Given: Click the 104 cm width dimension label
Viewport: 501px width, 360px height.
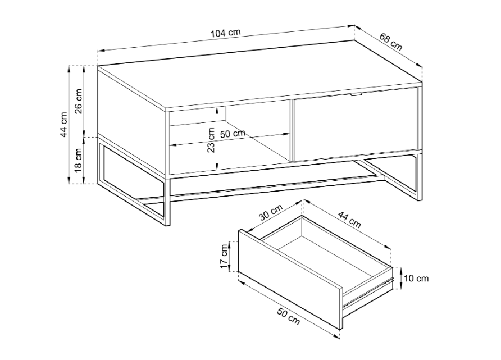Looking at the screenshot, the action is [x=226, y=32].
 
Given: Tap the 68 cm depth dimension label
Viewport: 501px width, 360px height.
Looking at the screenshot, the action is [x=391, y=42].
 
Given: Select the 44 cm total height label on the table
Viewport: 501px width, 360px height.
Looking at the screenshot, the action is [x=64, y=125].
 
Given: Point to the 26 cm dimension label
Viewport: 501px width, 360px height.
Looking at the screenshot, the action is [x=79, y=101].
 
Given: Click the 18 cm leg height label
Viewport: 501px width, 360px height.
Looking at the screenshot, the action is [x=79, y=161].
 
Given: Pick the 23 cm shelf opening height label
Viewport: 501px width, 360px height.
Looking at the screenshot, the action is [x=211, y=140].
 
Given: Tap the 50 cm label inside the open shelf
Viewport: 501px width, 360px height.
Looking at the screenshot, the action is [x=233, y=134].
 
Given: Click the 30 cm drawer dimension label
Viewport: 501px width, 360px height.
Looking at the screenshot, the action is [x=271, y=212].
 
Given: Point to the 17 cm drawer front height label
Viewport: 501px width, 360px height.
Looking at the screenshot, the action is [x=225, y=256].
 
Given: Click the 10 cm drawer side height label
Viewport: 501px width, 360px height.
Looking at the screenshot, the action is [x=416, y=279].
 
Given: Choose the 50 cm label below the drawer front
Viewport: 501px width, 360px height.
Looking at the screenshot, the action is [x=289, y=316].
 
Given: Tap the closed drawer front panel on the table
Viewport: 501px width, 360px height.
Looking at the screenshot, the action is [x=356, y=124].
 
